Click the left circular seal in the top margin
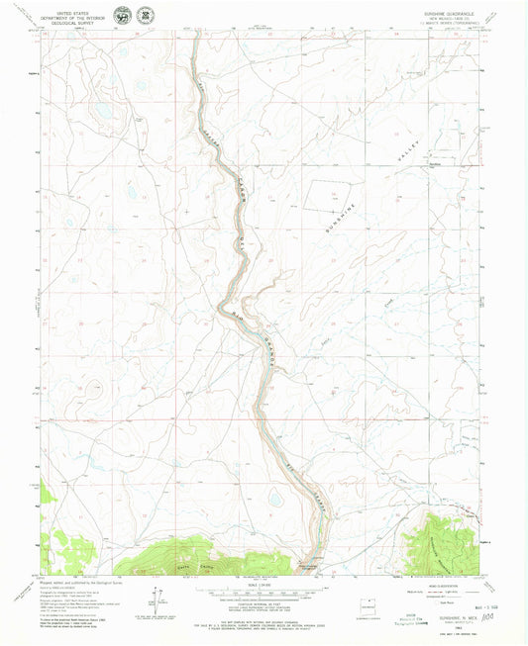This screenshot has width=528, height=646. pos(121,16)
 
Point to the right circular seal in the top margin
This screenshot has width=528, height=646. pos(147,16)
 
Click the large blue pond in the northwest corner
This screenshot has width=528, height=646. pos(102,108)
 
